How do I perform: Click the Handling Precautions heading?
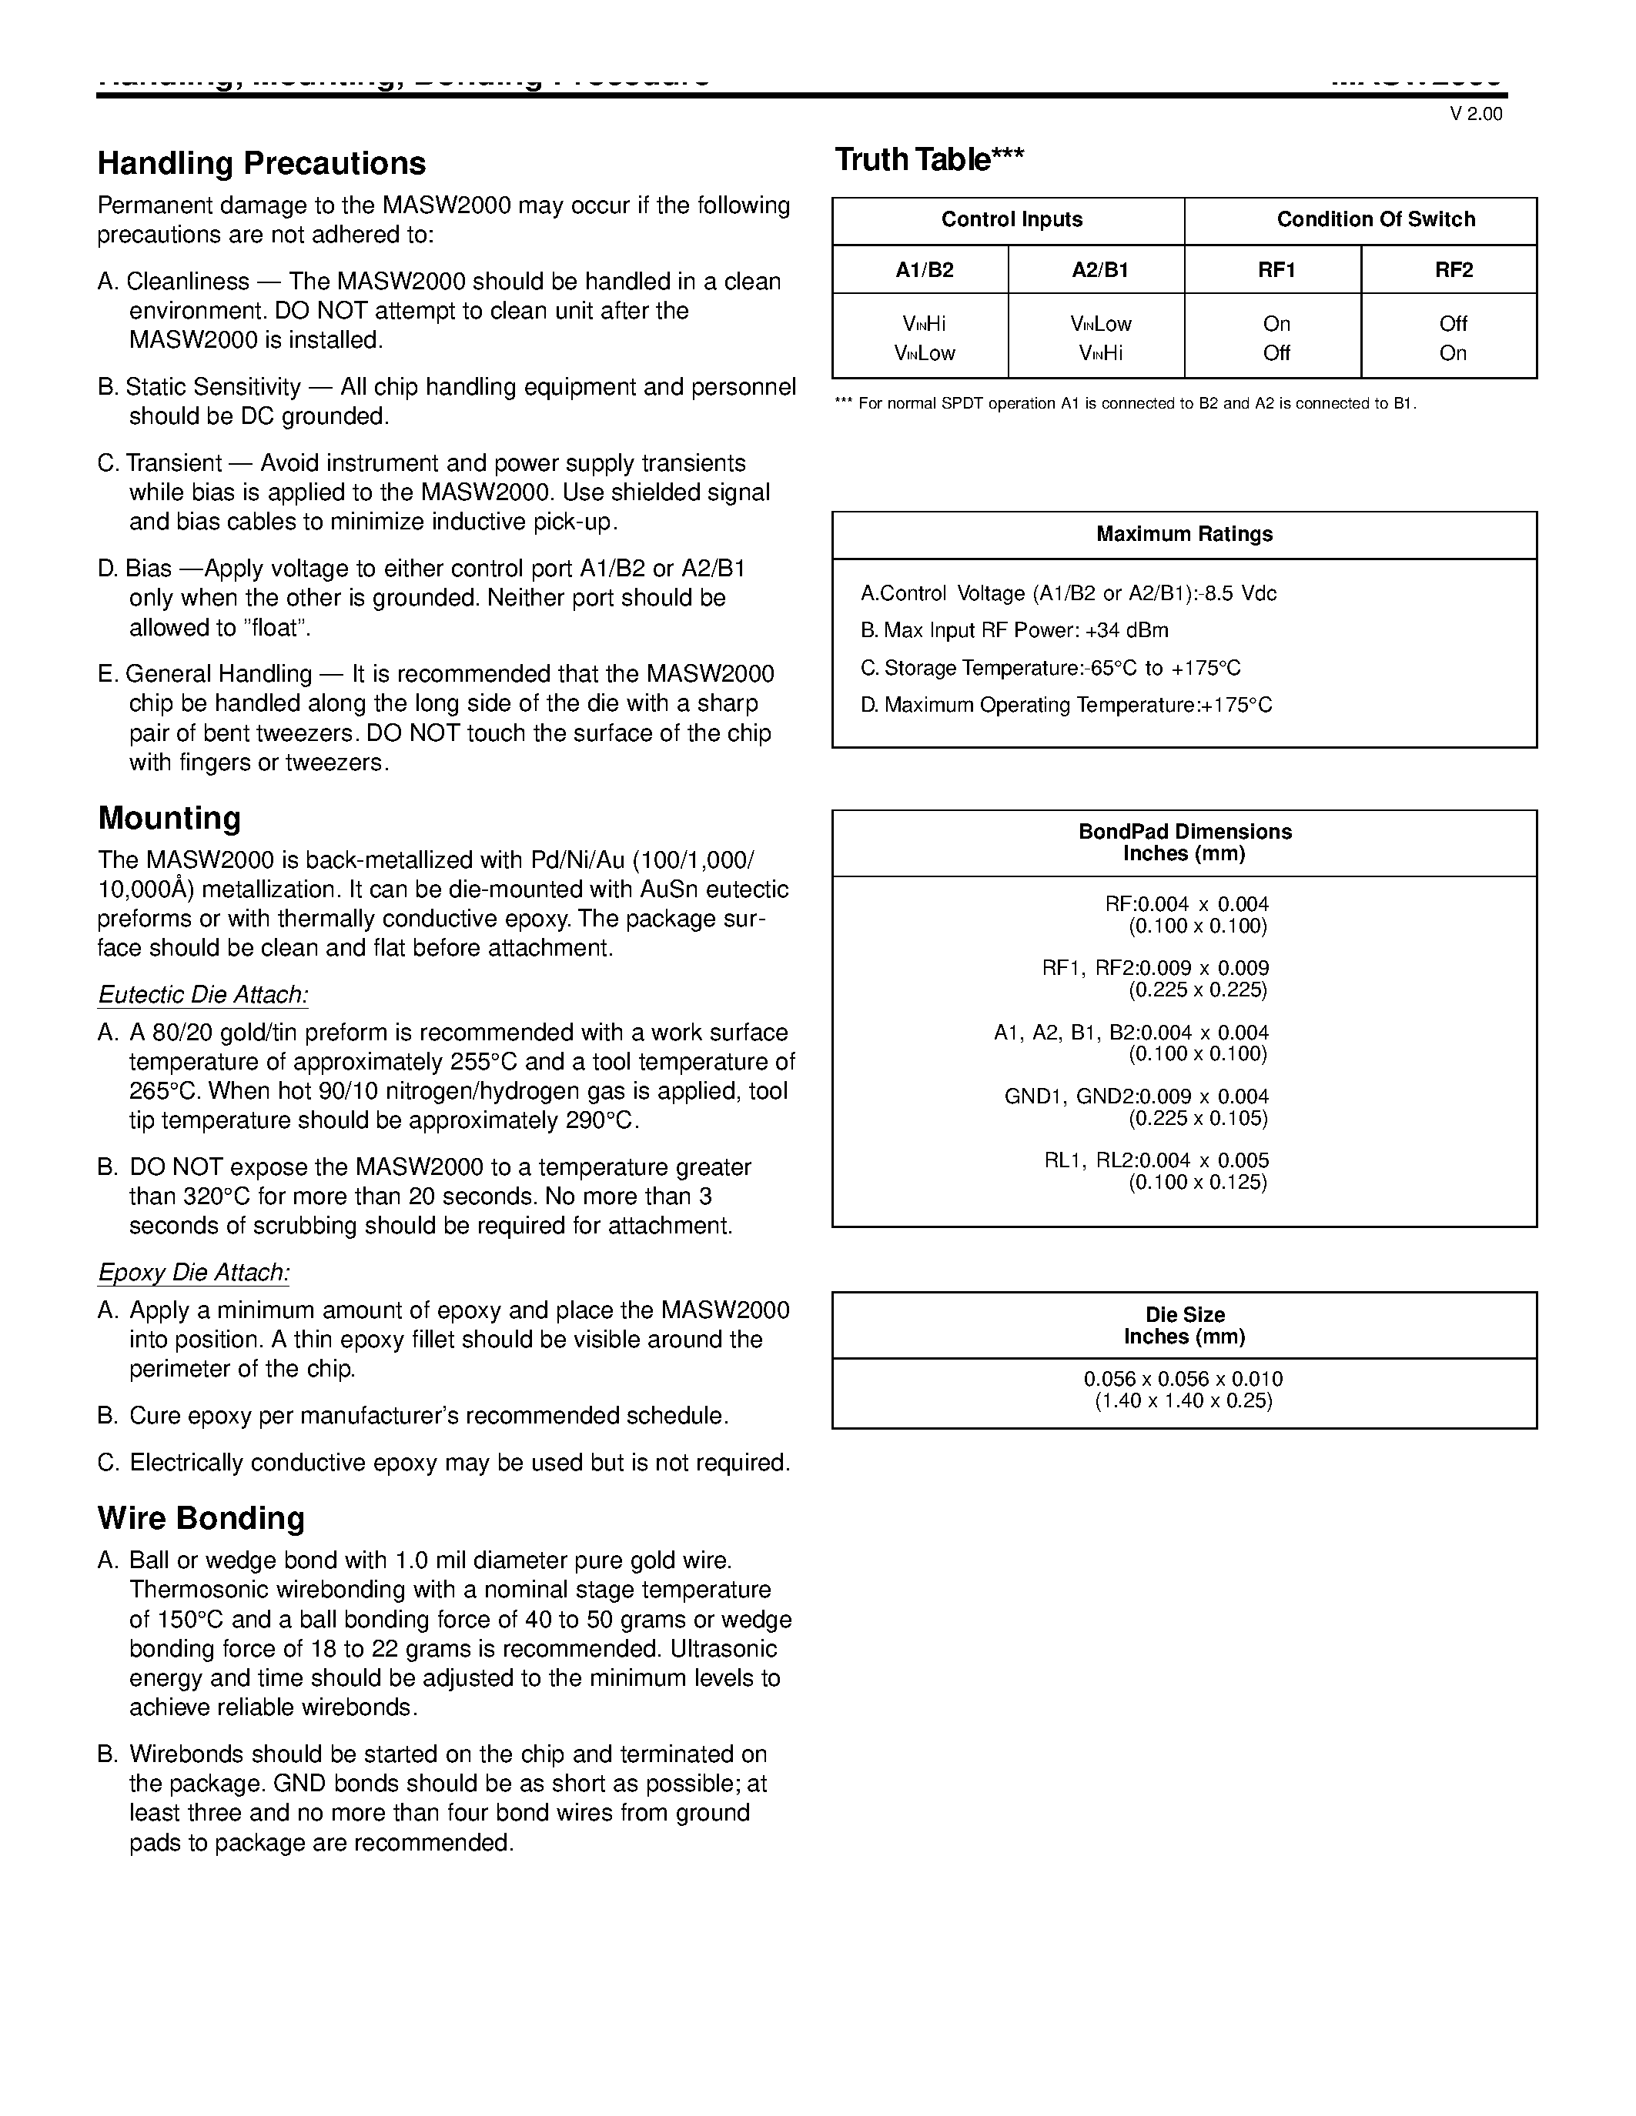pyautogui.click(x=261, y=163)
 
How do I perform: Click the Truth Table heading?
pyautogui.click(x=928, y=160)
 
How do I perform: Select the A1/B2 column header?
pyautogui.click(x=924, y=270)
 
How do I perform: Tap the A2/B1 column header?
pyautogui.click(x=1099, y=270)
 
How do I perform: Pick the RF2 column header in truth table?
pyautogui.click(x=1453, y=270)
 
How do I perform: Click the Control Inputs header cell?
pyautogui.click(x=1011, y=220)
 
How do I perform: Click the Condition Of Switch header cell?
pyautogui.click(x=1375, y=220)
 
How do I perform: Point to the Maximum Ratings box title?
pyautogui.click(x=1183, y=535)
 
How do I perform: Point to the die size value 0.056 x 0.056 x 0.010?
pyautogui.click(x=1183, y=1379)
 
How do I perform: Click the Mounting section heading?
pyautogui.click(x=169, y=818)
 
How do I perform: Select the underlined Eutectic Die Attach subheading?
pyautogui.click(x=202, y=995)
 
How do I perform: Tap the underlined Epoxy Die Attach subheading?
pyautogui.click(x=193, y=1272)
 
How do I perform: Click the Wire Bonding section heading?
pyautogui.click(x=201, y=1517)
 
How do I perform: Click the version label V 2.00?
pyautogui.click(x=1475, y=115)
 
